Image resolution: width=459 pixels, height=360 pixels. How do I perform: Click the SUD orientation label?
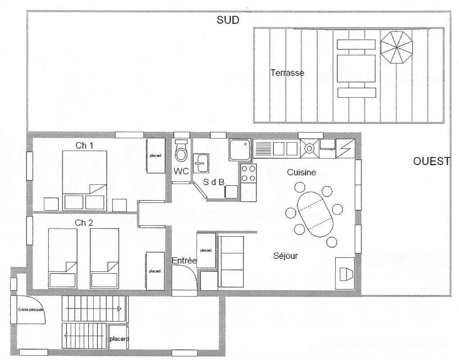pos(228,20)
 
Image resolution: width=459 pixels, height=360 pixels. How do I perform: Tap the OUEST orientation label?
pos(432,161)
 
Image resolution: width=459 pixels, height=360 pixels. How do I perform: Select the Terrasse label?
pos(287,72)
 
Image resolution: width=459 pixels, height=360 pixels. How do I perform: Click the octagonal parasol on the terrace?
pos(397,47)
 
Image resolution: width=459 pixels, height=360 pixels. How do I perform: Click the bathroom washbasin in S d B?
pos(201,162)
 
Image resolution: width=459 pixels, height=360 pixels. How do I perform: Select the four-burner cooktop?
pos(249,173)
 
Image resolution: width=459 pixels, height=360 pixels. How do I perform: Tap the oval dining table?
pos(315,214)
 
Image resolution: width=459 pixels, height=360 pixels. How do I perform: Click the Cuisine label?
pos(301,172)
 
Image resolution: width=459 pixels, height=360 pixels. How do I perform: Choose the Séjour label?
pos(286,256)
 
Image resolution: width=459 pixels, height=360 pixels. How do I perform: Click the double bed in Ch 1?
pos(84,180)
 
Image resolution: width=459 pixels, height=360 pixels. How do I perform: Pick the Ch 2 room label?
pos(84,223)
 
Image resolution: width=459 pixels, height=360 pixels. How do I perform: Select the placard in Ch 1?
pos(155,156)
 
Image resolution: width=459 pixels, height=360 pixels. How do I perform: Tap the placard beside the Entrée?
pos(206,250)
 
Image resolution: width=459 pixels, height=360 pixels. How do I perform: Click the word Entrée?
pos(184,261)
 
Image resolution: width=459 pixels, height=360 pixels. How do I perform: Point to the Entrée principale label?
pos(31,310)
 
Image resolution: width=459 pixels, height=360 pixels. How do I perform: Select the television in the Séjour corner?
pos(345,274)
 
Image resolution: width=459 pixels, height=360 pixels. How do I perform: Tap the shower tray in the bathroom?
pos(240,150)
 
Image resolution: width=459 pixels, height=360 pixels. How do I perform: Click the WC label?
pos(181,171)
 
